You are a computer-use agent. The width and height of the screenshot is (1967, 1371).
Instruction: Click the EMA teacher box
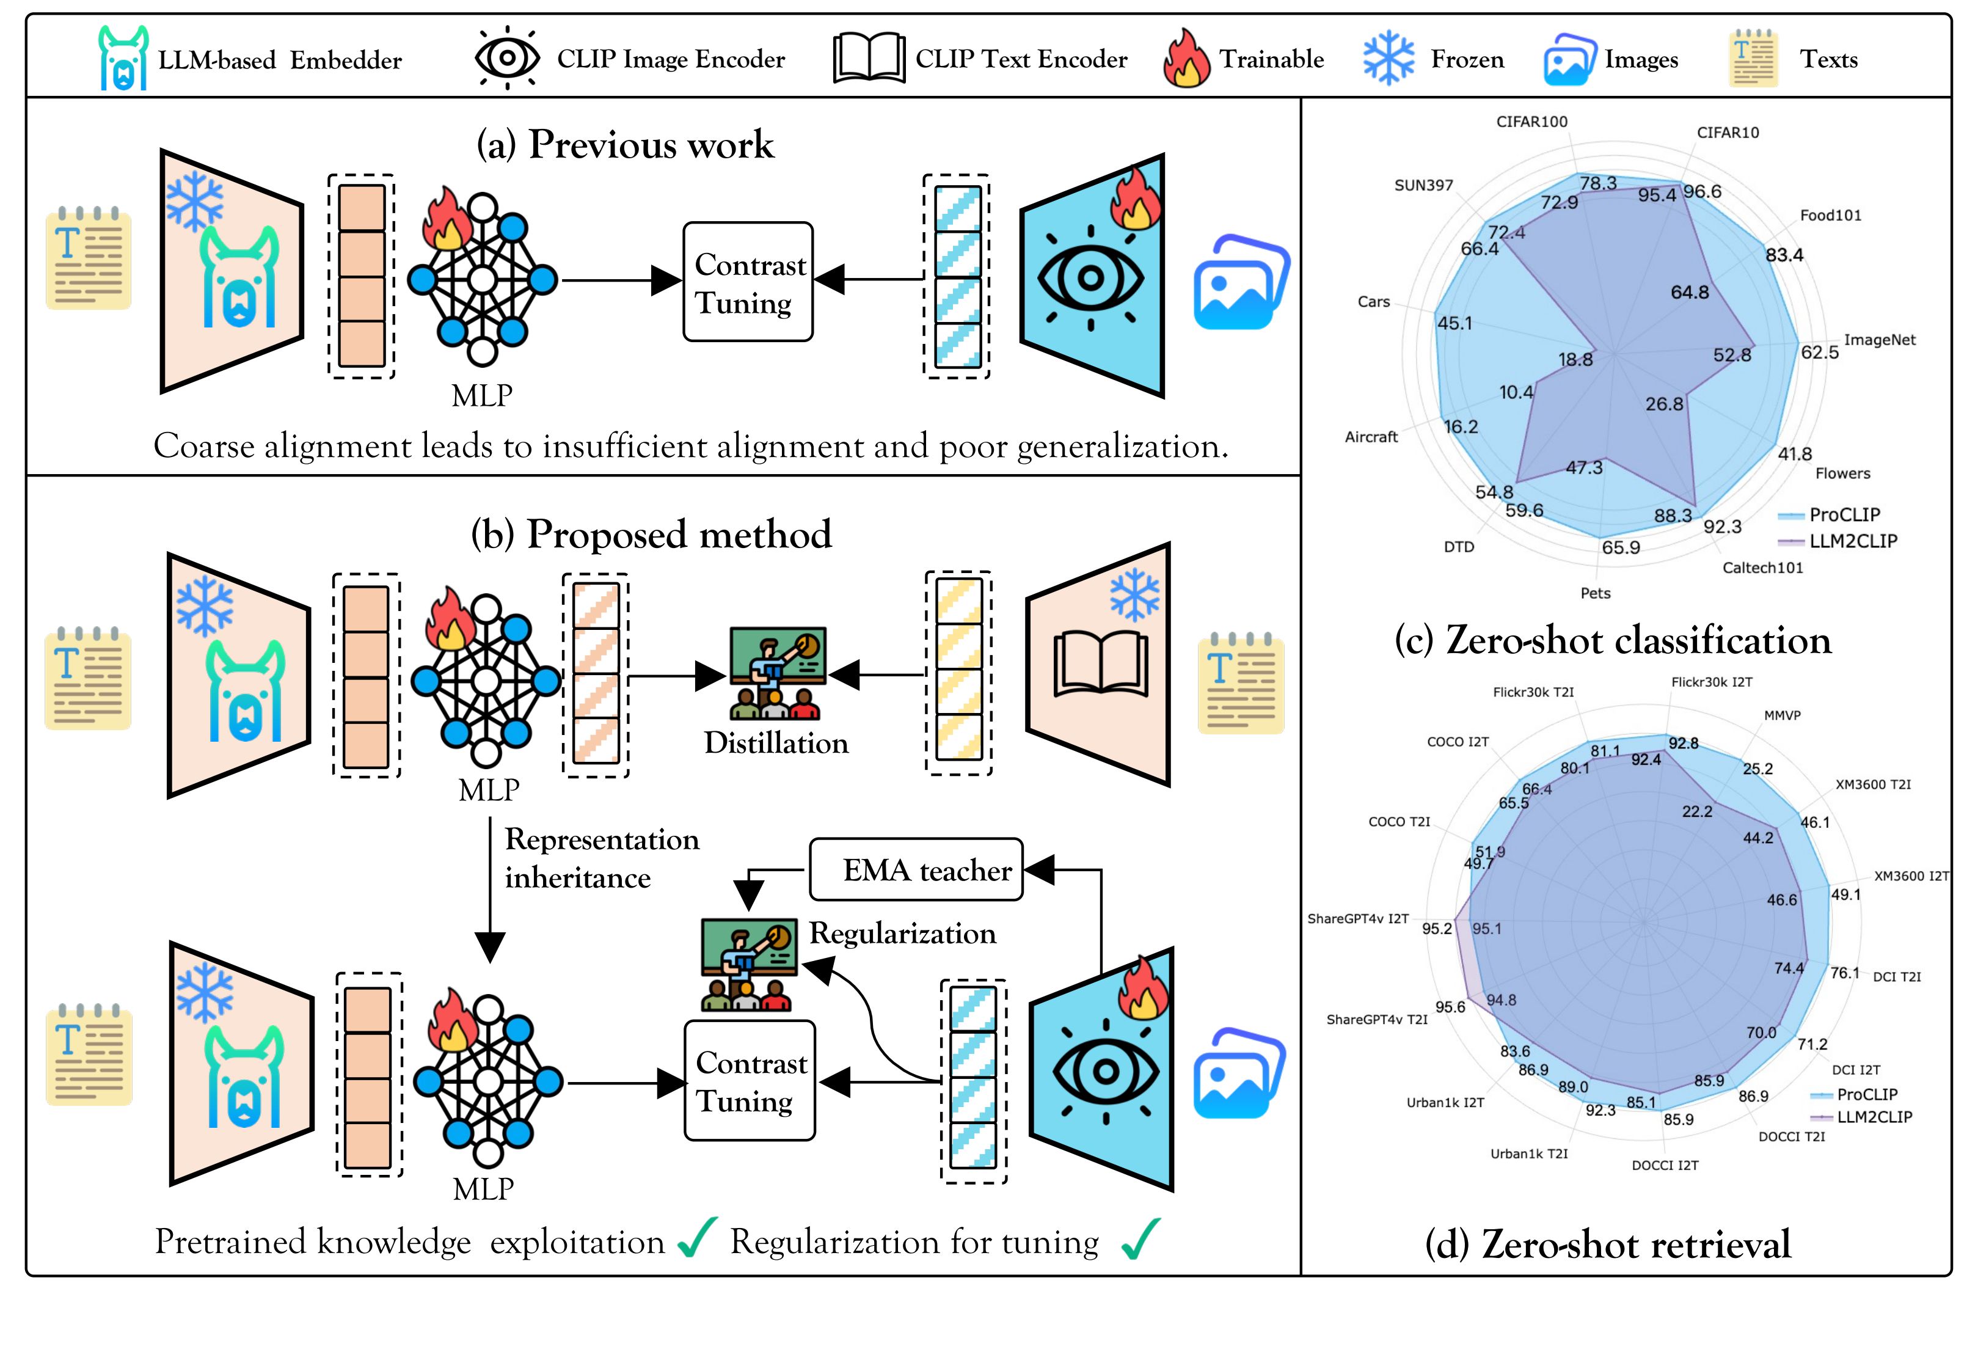tap(916, 870)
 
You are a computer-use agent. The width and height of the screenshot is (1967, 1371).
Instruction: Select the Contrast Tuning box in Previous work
tap(748, 282)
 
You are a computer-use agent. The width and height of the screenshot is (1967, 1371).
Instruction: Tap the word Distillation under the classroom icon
tap(776, 743)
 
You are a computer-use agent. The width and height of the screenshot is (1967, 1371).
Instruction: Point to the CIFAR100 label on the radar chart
tap(1532, 122)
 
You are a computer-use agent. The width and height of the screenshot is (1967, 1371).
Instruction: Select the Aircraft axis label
tap(1371, 437)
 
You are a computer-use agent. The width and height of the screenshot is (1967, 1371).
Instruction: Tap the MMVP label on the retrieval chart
tap(1782, 715)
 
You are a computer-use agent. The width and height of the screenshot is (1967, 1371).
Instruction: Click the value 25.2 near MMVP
tap(1757, 769)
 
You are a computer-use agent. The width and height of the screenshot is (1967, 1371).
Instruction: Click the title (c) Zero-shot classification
tap(1612, 641)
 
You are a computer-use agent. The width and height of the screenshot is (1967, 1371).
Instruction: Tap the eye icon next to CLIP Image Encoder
tap(507, 58)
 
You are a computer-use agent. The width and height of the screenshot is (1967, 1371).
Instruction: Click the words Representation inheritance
tap(602, 858)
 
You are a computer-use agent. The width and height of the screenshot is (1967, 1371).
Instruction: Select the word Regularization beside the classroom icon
tap(903, 933)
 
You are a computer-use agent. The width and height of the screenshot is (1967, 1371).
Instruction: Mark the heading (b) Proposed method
tap(651, 535)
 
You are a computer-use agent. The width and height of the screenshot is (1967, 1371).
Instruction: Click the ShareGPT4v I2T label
tap(1358, 918)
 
